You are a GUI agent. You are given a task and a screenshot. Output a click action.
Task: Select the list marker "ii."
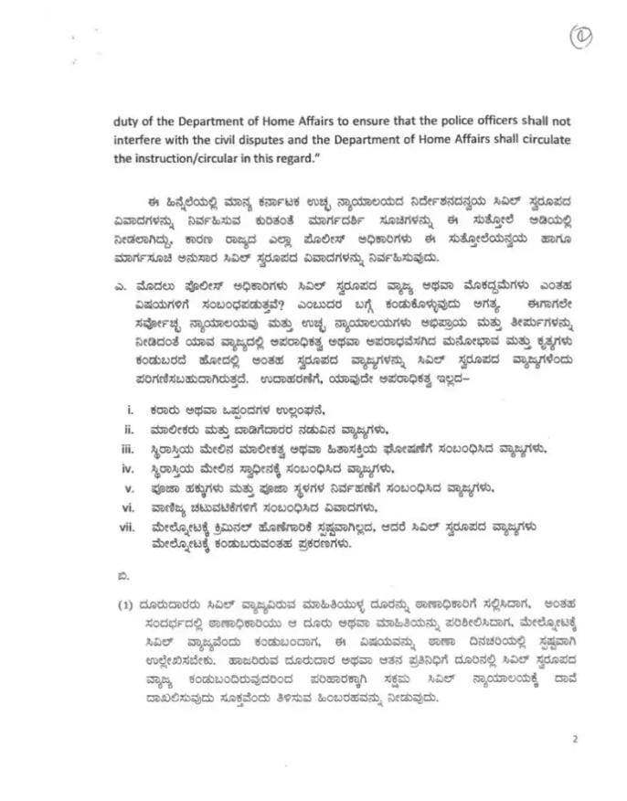click(130, 428)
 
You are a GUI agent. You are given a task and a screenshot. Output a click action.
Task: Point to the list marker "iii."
click(129, 448)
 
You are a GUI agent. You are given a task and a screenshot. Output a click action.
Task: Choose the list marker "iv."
click(129, 468)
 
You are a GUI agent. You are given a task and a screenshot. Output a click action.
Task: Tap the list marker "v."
click(130, 488)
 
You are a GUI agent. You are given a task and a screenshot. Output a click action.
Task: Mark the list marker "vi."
click(129, 507)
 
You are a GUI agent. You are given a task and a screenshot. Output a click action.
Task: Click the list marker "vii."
click(127, 528)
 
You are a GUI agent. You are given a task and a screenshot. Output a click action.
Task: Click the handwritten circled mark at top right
click(581, 37)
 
